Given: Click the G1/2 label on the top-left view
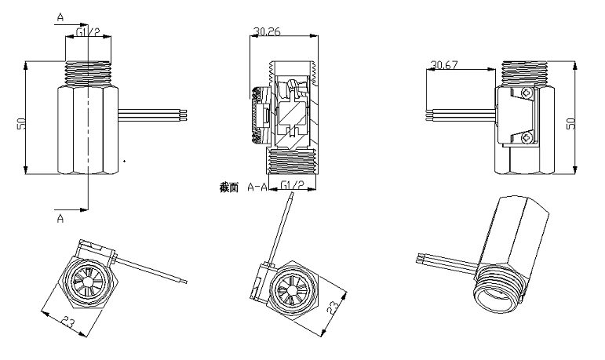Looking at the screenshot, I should pyautogui.click(x=89, y=32).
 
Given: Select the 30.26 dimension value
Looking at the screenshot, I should pyautogui.click(x=267, y=32).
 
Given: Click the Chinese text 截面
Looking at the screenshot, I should pyautogui.click(x=230, y=188).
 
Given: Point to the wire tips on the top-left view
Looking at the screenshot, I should pyautogui.click(x=187, y=115).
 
